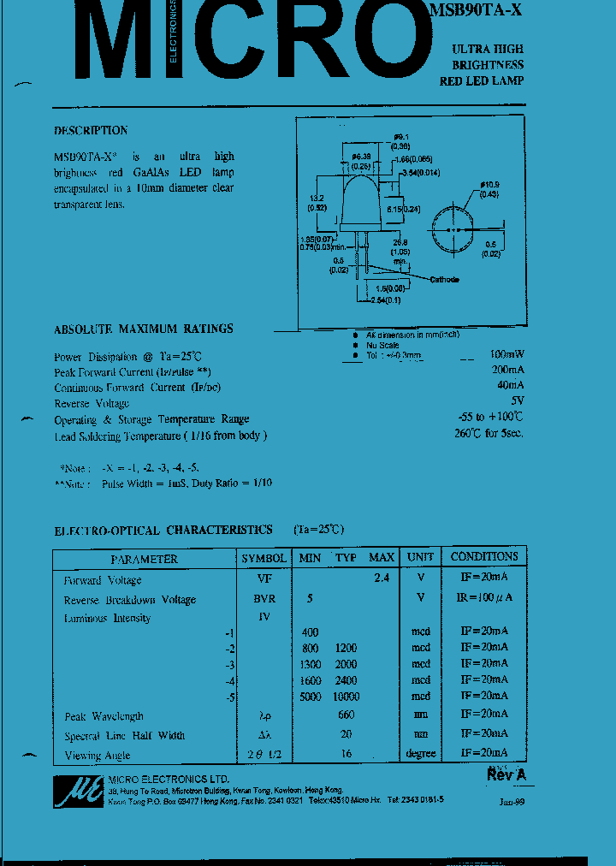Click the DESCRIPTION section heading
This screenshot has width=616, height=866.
click(91, 131)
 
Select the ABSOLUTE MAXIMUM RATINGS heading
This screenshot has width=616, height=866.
click(143, 329)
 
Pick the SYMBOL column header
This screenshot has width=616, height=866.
click(264, 559)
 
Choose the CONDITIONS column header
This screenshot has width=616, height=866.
click(484, 557)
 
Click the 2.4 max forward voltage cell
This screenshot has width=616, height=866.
click(382, 578)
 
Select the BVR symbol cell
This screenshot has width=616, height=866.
click(264, 599)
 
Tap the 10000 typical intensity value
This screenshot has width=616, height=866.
click(346, 697)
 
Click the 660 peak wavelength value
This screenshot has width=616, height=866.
click(346, 715)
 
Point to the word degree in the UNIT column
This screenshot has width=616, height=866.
click(420, 754)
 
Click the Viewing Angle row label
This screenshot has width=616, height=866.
click(98, 756)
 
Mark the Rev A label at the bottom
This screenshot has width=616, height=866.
click(506, 774)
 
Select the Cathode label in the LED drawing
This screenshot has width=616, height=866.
click(444, 280)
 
